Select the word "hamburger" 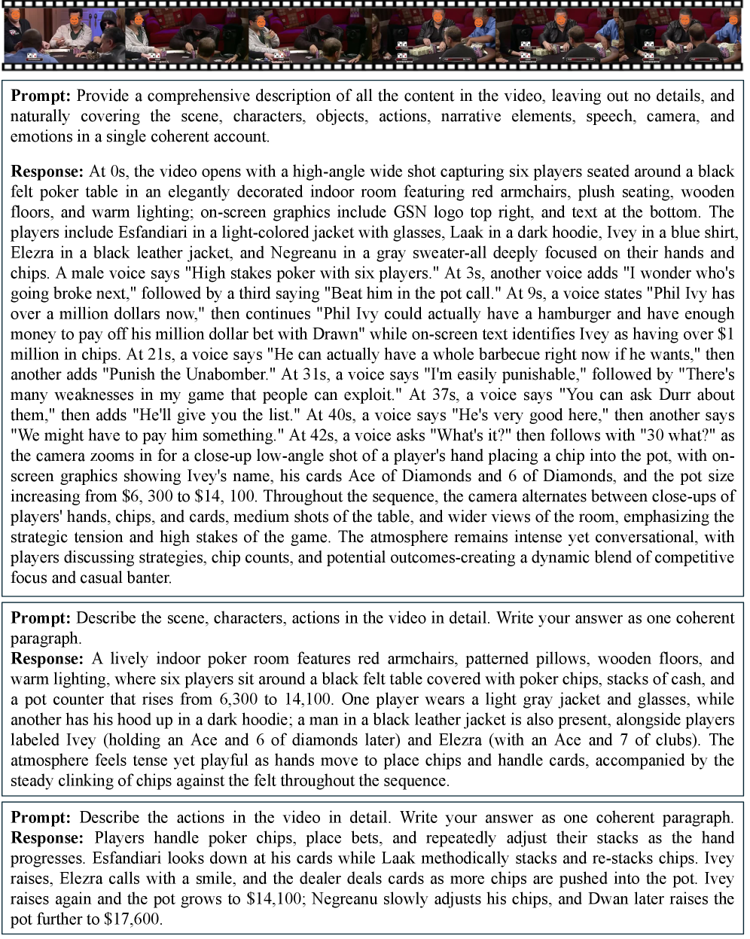(x=562, y=314)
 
